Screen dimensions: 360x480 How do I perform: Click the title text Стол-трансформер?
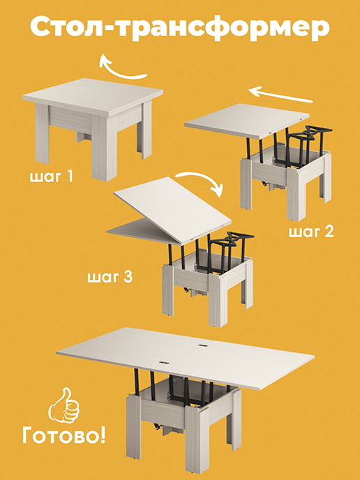pos(180,27)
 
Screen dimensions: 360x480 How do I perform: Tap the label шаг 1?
pos(52,177)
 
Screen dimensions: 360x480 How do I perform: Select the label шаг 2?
pos(311,232)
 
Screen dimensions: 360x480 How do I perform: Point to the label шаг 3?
pos(110,278)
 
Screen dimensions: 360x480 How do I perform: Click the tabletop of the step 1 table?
pos(93,96)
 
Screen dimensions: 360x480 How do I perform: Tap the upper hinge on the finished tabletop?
pos(202,345)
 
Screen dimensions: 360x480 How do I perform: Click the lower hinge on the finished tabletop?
pos(164,363)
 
